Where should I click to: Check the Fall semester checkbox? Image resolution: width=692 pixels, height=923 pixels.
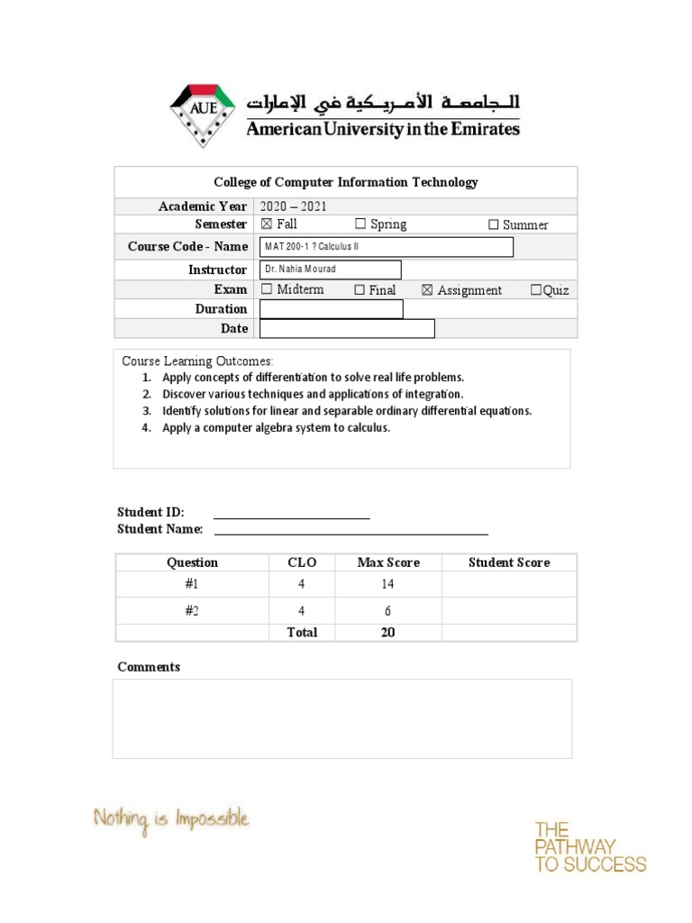tap(266, 224)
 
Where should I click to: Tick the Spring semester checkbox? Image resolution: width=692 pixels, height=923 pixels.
tap(360, 224)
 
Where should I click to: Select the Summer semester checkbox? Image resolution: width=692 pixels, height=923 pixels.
tap(493, 224)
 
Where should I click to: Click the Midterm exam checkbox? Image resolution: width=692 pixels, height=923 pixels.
tap(266, 289)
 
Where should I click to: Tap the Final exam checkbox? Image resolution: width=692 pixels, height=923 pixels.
tap(359, 290)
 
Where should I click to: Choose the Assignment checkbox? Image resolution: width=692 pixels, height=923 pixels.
tap(427, 290)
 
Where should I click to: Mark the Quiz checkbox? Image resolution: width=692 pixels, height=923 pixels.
tap(536, 290)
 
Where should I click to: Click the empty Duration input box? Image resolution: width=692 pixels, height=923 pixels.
tap(331, 309)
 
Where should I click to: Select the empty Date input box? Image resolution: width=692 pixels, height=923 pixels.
tap(347, 329)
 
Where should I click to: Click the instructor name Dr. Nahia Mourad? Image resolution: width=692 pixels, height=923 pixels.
tap(300, 270)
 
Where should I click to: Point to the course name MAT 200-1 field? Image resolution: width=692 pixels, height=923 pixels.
tap(386, 247)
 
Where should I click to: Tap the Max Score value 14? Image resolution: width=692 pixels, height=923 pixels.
tap(387, 584)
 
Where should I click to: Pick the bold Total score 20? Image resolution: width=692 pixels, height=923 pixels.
tap(387, 633)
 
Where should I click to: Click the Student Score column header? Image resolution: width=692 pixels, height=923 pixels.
tap(508, 562)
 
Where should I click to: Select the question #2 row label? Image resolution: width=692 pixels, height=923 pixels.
tap(192, 611)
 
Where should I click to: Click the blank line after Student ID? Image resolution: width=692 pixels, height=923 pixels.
tap(291, 513)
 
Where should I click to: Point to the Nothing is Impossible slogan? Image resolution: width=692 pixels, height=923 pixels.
tap(171, 820)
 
